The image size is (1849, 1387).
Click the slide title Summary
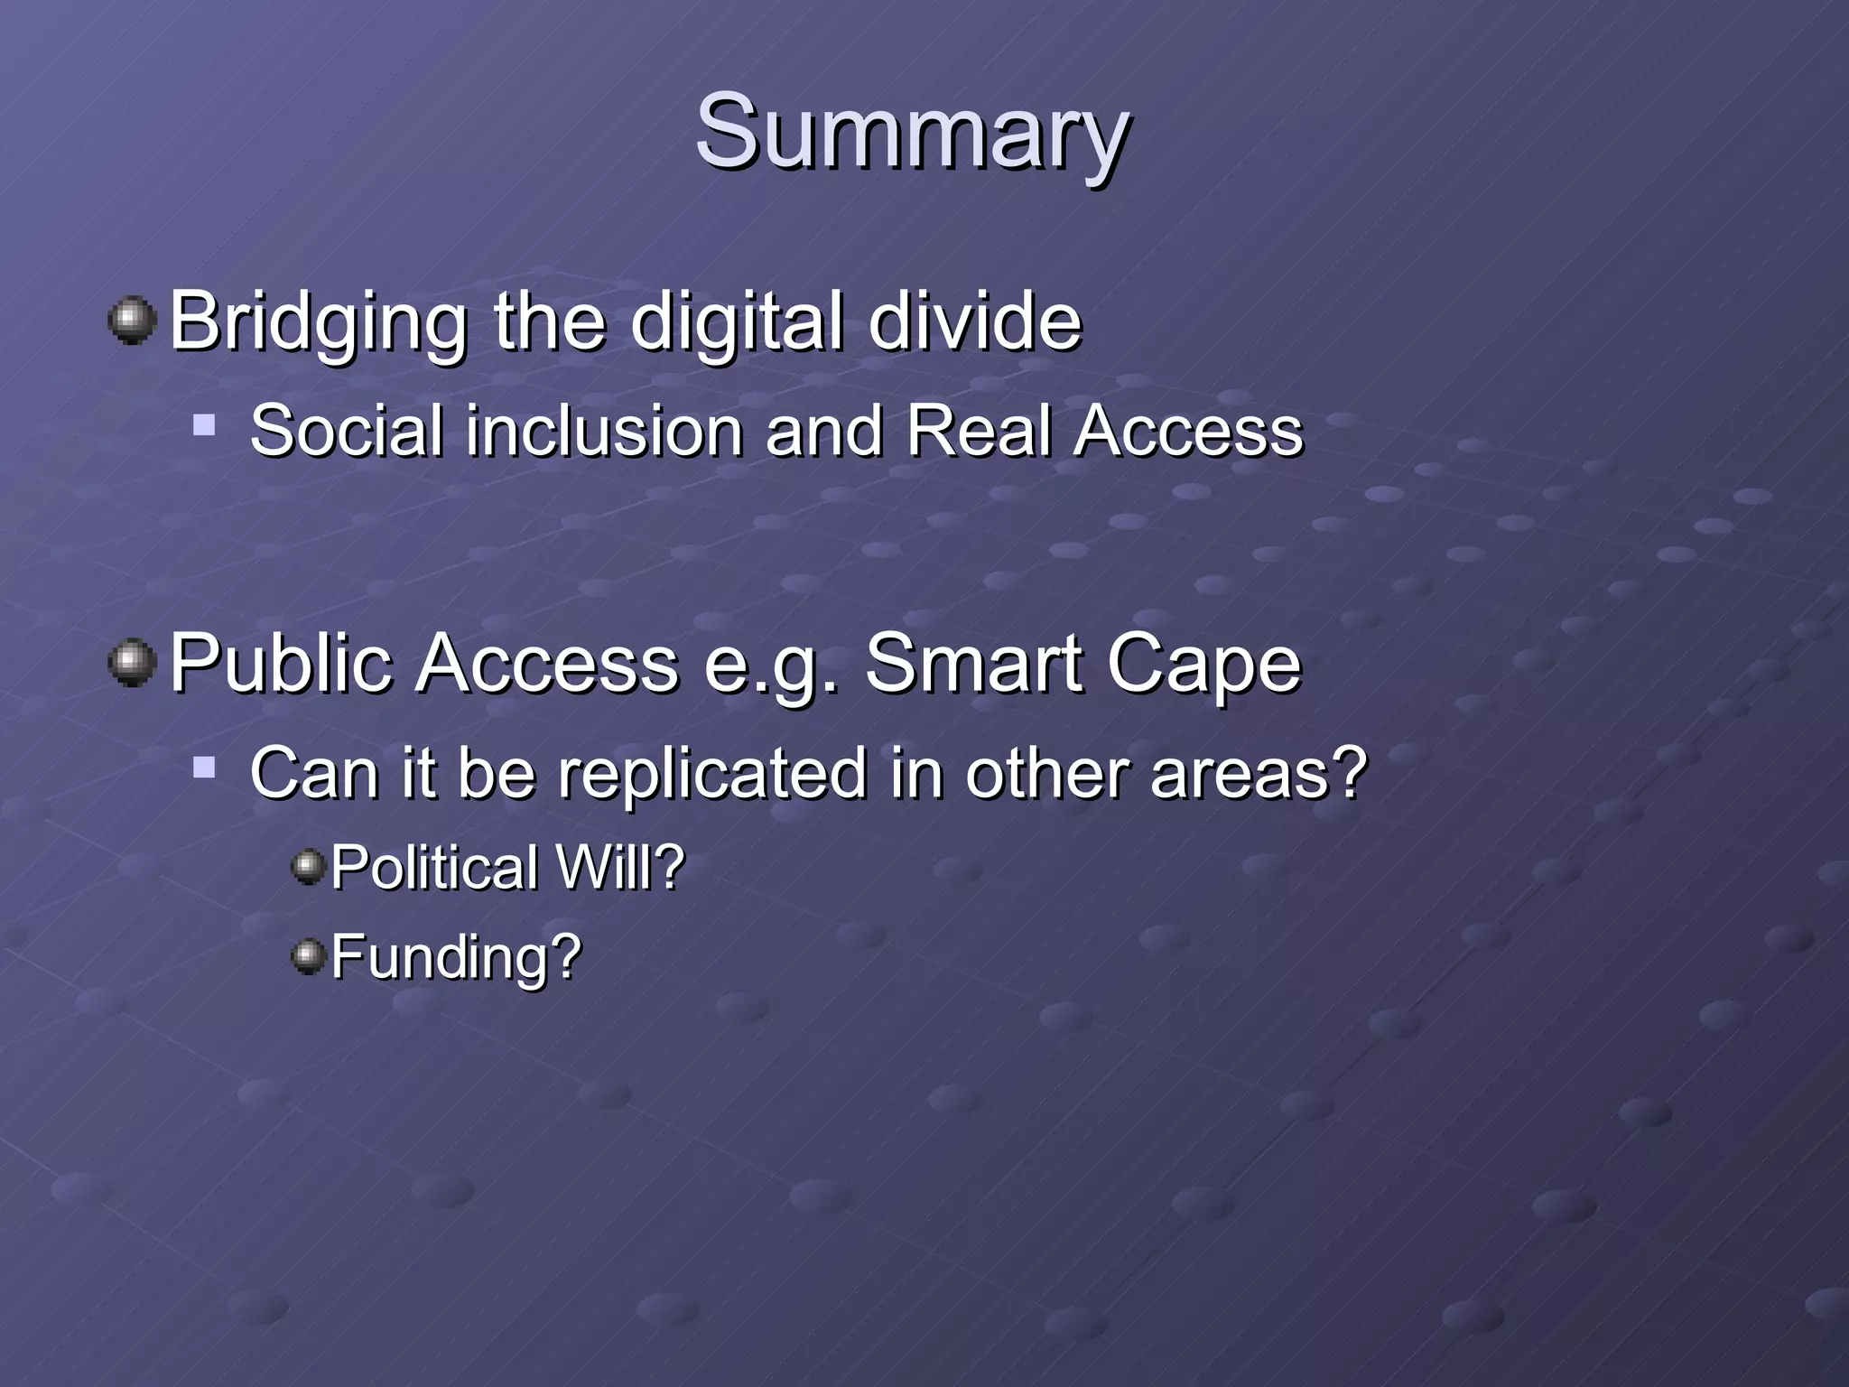(x=912, y=134)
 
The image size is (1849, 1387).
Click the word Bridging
(x=319, y=321)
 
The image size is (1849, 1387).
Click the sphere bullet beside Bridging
(x=133, y=320)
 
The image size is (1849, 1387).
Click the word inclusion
(x=605, y=431)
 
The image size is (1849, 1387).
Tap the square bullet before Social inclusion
(x=205, y=424)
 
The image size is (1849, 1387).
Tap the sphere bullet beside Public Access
(x=133, y=663)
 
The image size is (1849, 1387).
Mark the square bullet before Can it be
(x=205, y=768)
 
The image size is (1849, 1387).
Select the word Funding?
(x=456, y=957)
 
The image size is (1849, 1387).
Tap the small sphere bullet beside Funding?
(x=309, y=955)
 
